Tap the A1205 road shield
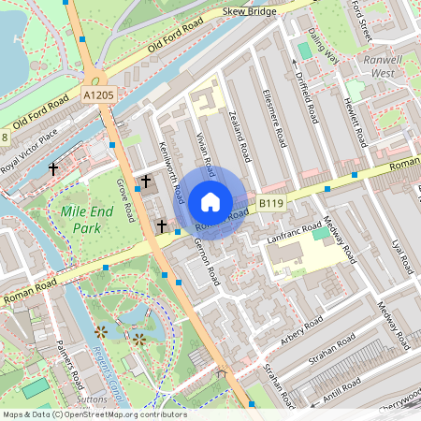(x=100, y=95)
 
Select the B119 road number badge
(x=270, y=203)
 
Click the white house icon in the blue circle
(x=210, y=201)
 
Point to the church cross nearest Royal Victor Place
(x=53, y=169)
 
